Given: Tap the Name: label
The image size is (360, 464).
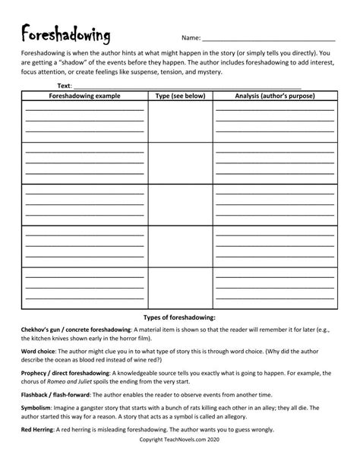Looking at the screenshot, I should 191,38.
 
